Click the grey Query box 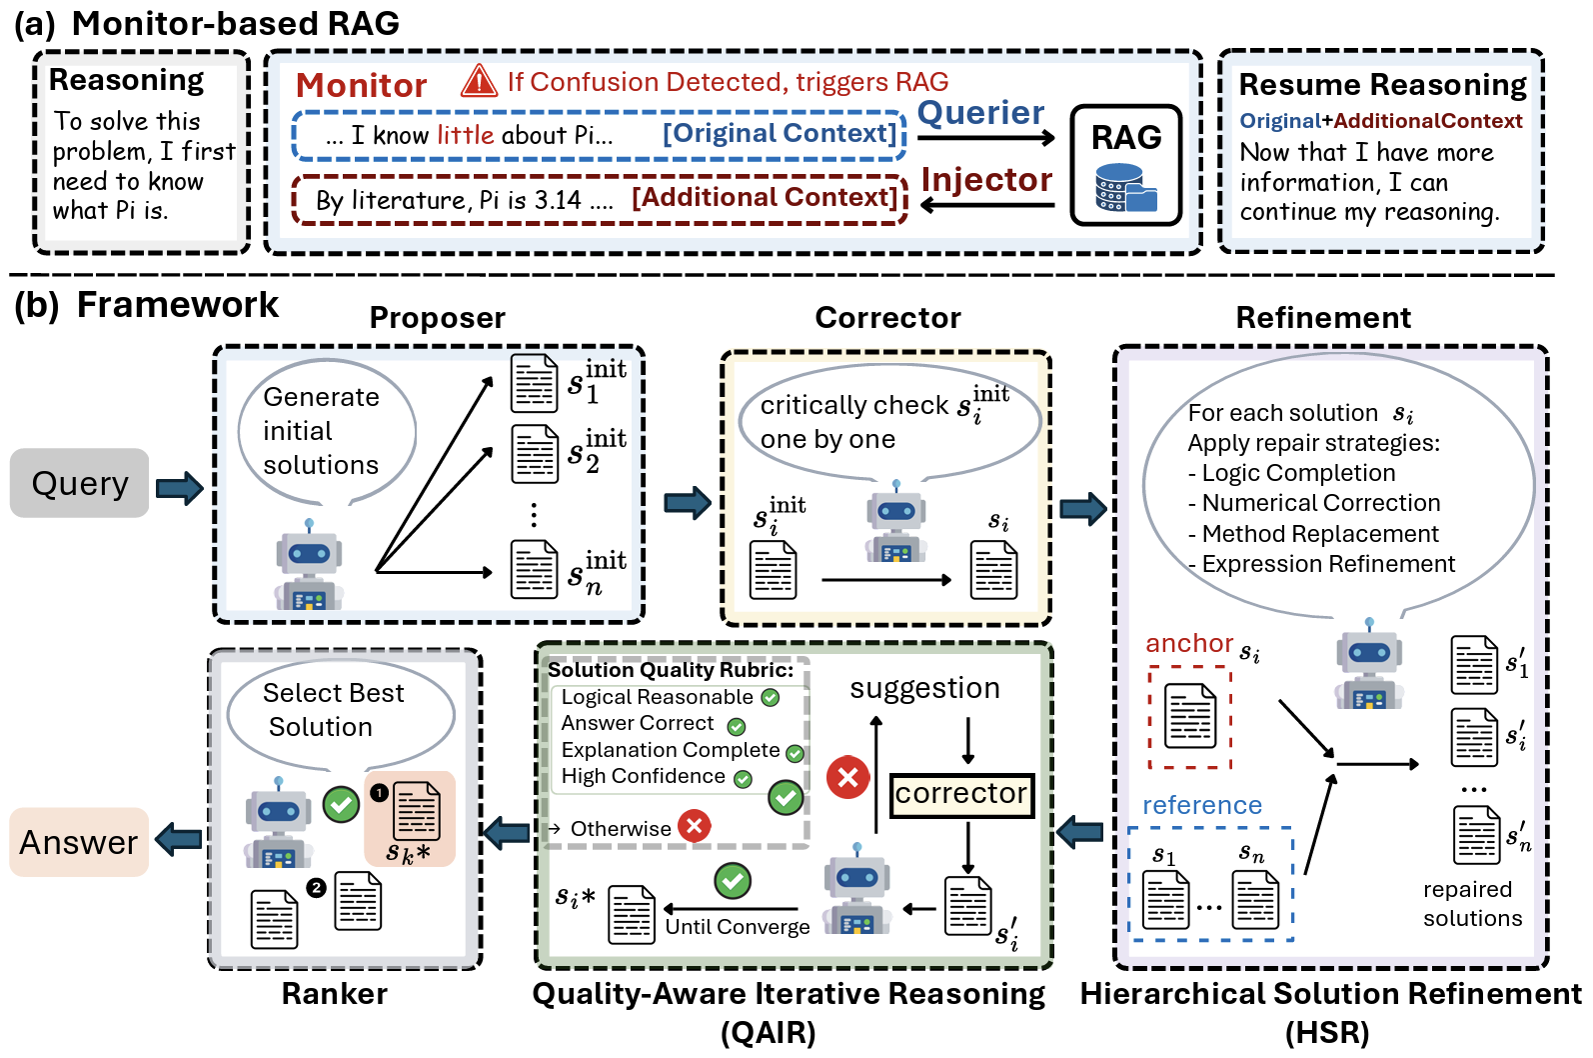click(x=80, y=483)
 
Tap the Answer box click(x=79, y=842)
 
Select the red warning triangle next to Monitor click(x=479, y=81)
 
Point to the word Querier click(x=980, y=113)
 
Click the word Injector click(x=986, y=180)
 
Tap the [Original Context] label click(x=780, y=134)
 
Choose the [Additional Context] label click(x=765, y=198)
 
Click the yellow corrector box click(x=961, y=794)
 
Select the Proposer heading click(x=437, y=318)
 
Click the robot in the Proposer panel click(x=309, y=566)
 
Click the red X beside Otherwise click(x=694, y=826)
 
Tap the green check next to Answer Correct click(x=737, y=726)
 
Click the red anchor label click(x=1189, y=643)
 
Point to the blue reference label click(x=1201, y=805)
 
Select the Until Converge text click(x=738, y=927)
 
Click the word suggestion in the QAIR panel click(x=924, y=688)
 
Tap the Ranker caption click(x=334, y=994)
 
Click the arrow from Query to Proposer click(x=180, y=488)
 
